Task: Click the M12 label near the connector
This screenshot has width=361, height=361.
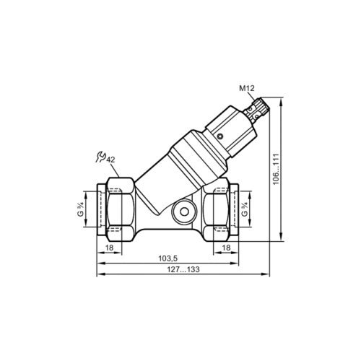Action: [x=248, y=89]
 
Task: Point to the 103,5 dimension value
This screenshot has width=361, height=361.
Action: [x=168, y=258]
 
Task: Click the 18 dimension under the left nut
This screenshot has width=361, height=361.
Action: [x=110, y=247]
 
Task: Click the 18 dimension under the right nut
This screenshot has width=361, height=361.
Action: [x=226, y=247]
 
